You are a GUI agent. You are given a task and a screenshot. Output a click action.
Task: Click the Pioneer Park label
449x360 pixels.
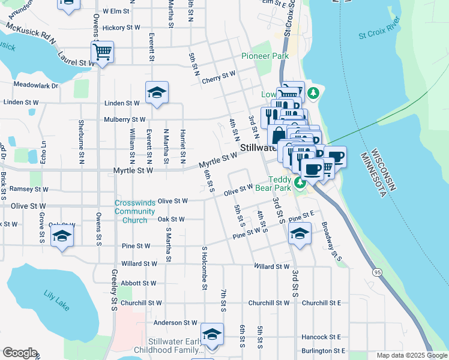point(265,56)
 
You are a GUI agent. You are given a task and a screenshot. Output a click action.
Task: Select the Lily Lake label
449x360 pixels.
point(56,299)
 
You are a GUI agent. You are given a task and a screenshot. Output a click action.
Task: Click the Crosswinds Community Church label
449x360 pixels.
point(134,211)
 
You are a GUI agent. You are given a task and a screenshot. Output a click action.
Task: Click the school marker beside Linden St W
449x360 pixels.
point(157,92)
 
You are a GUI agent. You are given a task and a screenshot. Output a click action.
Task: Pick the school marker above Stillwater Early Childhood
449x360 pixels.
point(212,334)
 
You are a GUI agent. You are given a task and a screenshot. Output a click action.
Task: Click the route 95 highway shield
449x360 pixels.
point(376,273)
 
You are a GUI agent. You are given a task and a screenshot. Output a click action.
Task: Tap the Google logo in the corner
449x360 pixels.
point(20,353)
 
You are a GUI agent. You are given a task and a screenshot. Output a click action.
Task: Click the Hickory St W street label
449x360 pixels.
point(121,28)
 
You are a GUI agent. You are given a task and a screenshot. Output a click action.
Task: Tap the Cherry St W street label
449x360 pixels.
point(219,76)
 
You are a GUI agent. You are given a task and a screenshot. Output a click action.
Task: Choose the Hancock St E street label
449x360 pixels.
point(322,337)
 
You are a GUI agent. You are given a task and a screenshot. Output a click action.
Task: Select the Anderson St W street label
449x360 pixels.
point(175,323)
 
